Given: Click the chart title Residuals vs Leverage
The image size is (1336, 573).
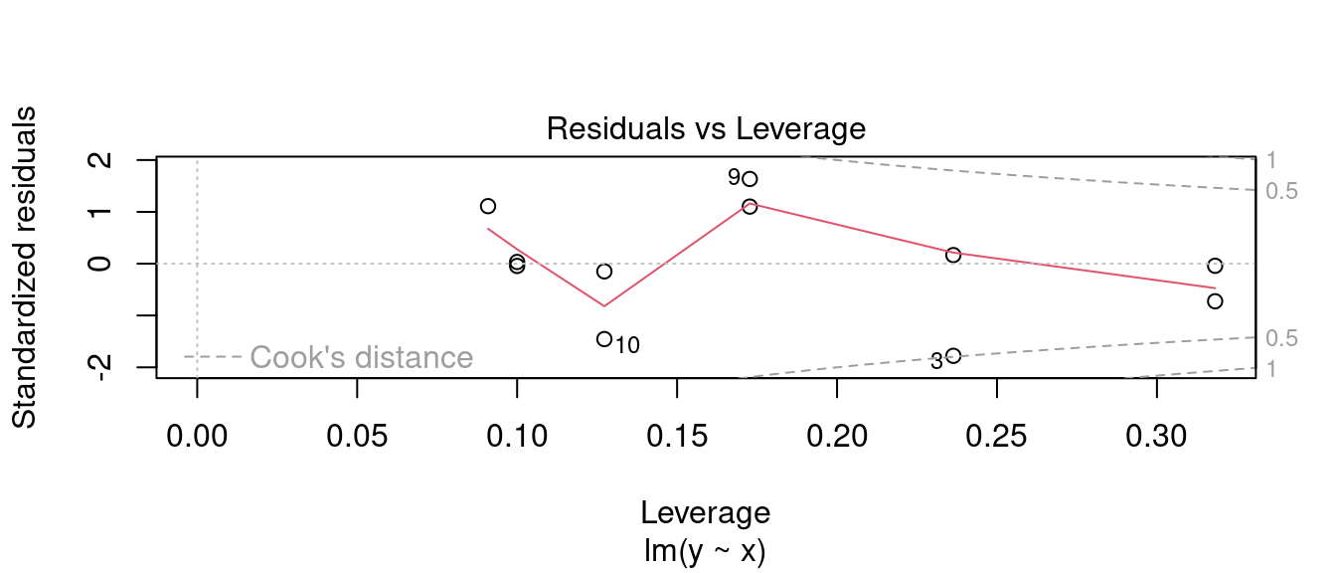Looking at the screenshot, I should (x=706, y=129).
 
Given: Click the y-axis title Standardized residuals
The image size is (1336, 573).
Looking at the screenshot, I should (x=25, y=268).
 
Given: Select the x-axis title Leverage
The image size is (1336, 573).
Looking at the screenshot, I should (x=705, y=513).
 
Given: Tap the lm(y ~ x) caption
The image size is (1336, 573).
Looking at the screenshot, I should (x=705, y=549).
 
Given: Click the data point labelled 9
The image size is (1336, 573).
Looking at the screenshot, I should (x=750, y=179).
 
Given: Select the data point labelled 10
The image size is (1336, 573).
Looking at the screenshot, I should (x=603, y=339).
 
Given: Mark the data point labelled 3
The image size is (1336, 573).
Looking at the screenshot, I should (x=953, y=356).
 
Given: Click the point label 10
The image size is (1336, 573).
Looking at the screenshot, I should (x=627, y=346).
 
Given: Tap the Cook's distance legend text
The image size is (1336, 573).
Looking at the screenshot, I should (x=361, y=357).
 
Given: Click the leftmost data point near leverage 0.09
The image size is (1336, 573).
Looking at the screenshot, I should (x=488, y=206).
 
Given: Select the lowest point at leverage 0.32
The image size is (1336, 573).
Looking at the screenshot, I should (x=1215, y=300).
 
